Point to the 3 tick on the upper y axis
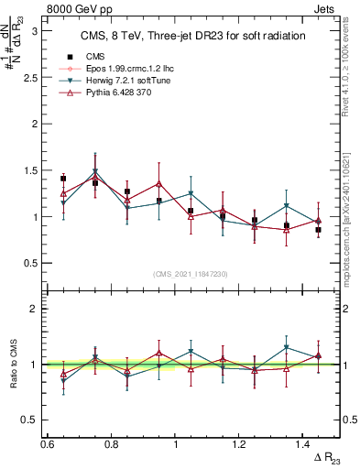tap(34, 30)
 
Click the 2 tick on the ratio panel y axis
tap(34, 310)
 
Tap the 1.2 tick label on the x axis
tap(239, 444)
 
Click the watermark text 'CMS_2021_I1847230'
tap(191, 274)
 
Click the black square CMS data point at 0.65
tap(63, 179)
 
